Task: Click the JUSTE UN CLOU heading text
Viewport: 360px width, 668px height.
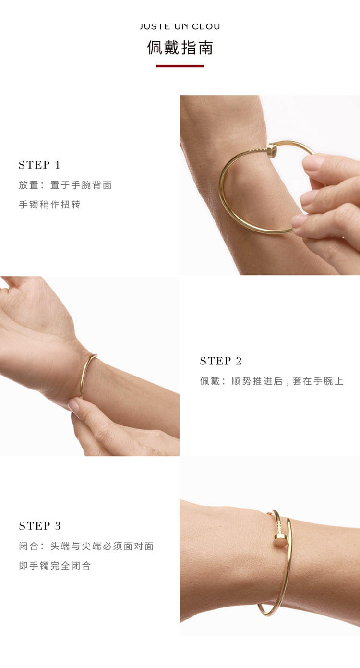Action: pyautogui.click(x=180, y=27)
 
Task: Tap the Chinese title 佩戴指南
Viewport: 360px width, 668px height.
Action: pyautogui.click(x=180, y=48)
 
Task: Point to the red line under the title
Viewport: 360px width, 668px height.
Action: pyautogui.click(x=180, y=66)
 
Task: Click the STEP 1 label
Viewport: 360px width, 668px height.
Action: pyautogui.click(x=39, y=165)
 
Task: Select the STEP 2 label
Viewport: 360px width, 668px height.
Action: pyautogui.click(x=220, y=361)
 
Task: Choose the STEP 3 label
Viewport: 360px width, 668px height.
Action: pyautogui.click(x=40, y=526)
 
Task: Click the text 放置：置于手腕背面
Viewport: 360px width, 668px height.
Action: pyautogui.click(x=65, y=185)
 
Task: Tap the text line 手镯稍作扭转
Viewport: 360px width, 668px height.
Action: pyautogui.click(x=49, y=205)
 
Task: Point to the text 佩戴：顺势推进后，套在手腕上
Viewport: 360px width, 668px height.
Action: pyautogui.click(x=272, y=381)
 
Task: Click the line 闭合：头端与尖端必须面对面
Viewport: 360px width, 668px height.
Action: pyautogui.click(x=86, y=547)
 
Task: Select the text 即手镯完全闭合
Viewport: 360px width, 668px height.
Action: pyautogui.click(x=55, y=566)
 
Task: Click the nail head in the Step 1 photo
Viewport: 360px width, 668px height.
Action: pyautogui.click(x=271, y=150)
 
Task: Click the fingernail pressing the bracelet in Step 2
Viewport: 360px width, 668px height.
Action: pyautogui.click(x=74, y=405)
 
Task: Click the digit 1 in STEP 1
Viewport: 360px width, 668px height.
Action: pyautogui.click(x=57, y=165)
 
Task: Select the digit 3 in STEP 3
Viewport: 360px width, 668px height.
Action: pyautogui.click(x=58, y=526)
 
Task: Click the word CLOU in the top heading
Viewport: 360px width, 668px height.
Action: pyautogui.click(x=206, y=27)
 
